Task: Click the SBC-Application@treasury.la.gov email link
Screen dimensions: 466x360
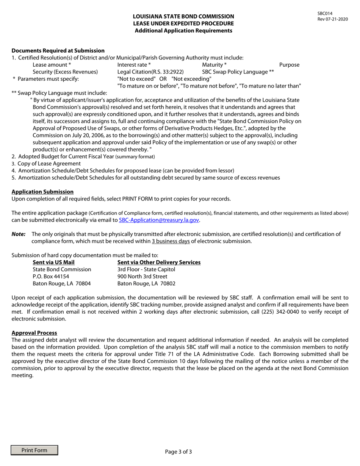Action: pyautogui.click(x=159, y=220)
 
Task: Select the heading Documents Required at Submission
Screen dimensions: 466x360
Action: pyautogui.click(x=58, y=50)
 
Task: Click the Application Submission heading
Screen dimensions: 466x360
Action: pyautogui.click(x=42, y=192)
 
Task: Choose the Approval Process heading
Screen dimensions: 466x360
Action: pyautogui.click(x=34, y=333)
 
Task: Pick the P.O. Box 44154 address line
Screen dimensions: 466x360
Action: pyautogui.click(x=51, y=276)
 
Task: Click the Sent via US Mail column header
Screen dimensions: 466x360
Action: pyautogui.click(x=54, y=262)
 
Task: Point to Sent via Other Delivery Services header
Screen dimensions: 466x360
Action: pyautogui.click(x=159, y=262)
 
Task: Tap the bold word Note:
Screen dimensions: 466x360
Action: pyautogui.click(x=19, y=234)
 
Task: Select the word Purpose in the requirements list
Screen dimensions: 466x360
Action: pyautogui.click(x=289, y=65)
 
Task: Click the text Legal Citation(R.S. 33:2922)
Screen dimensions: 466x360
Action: pyautogui.click(x=150, y=72)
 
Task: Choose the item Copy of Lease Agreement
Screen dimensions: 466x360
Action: pyautogui.click(x=49, y=163)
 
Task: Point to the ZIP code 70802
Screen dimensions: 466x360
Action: pyautogui.click(x=167, y=283)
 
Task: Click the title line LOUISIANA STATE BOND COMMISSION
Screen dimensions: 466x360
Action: pyautogui.click(x=183, y=16)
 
